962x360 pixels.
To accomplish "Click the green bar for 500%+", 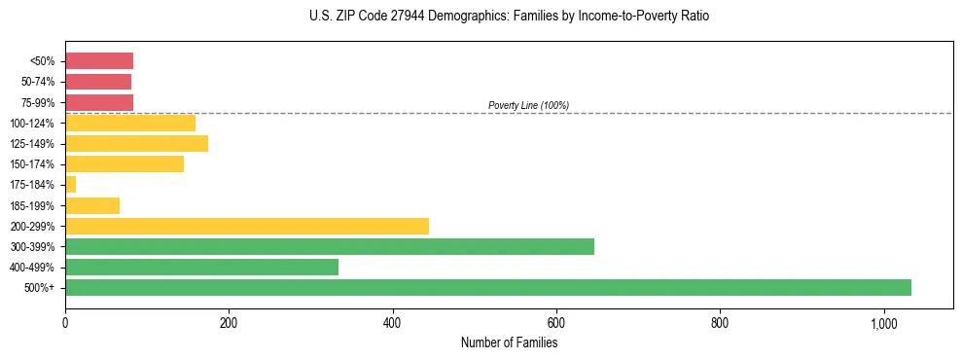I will pyautogui.click(x=487, y=287).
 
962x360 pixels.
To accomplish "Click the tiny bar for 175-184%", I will pyautogui.click(x=70, y=184).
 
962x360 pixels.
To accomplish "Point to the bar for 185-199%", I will pyautogui.click(x=92, y=205).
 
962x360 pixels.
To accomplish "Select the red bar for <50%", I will pyautogui.click(x=98, y=61).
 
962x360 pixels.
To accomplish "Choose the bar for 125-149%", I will pyautogui.click(x=136, y=143).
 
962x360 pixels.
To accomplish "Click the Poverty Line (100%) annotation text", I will pyautogui.click(x=528, y=105).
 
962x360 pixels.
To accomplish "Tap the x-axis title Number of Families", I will pyautogui.click(x=509, y=342).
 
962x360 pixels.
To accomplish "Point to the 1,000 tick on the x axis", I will pyautogui.click(x=883, y=322).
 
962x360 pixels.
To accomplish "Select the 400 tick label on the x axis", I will pyautogui.click(x=392, y=322).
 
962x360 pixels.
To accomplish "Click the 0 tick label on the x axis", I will pyautogui.click(x=65, y=322).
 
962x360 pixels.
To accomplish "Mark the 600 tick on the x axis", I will pyautogui.click(x=555, y=322).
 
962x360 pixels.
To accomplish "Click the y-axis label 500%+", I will pyautogui.click(x=42, y=288).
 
